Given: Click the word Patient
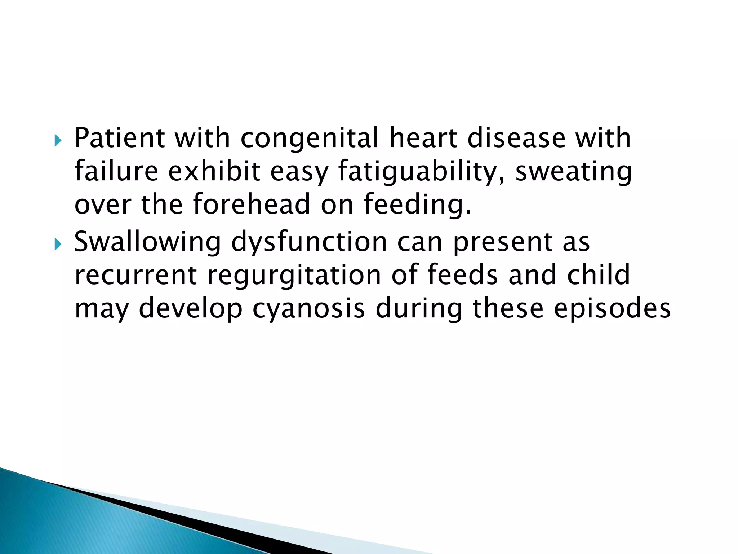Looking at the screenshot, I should (119, 138).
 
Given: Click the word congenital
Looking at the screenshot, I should (310, 138).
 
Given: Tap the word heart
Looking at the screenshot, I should (423, 138).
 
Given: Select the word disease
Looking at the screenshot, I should (516, 138).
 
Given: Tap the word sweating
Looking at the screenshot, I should (573, 172).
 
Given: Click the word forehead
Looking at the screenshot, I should (251, 204).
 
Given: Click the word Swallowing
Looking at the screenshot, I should (147, 242).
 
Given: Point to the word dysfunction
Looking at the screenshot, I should (309, 242).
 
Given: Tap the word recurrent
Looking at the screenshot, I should (135, 275).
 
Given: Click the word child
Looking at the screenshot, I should (599, 275).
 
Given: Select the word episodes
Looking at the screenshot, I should (612, 309).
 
